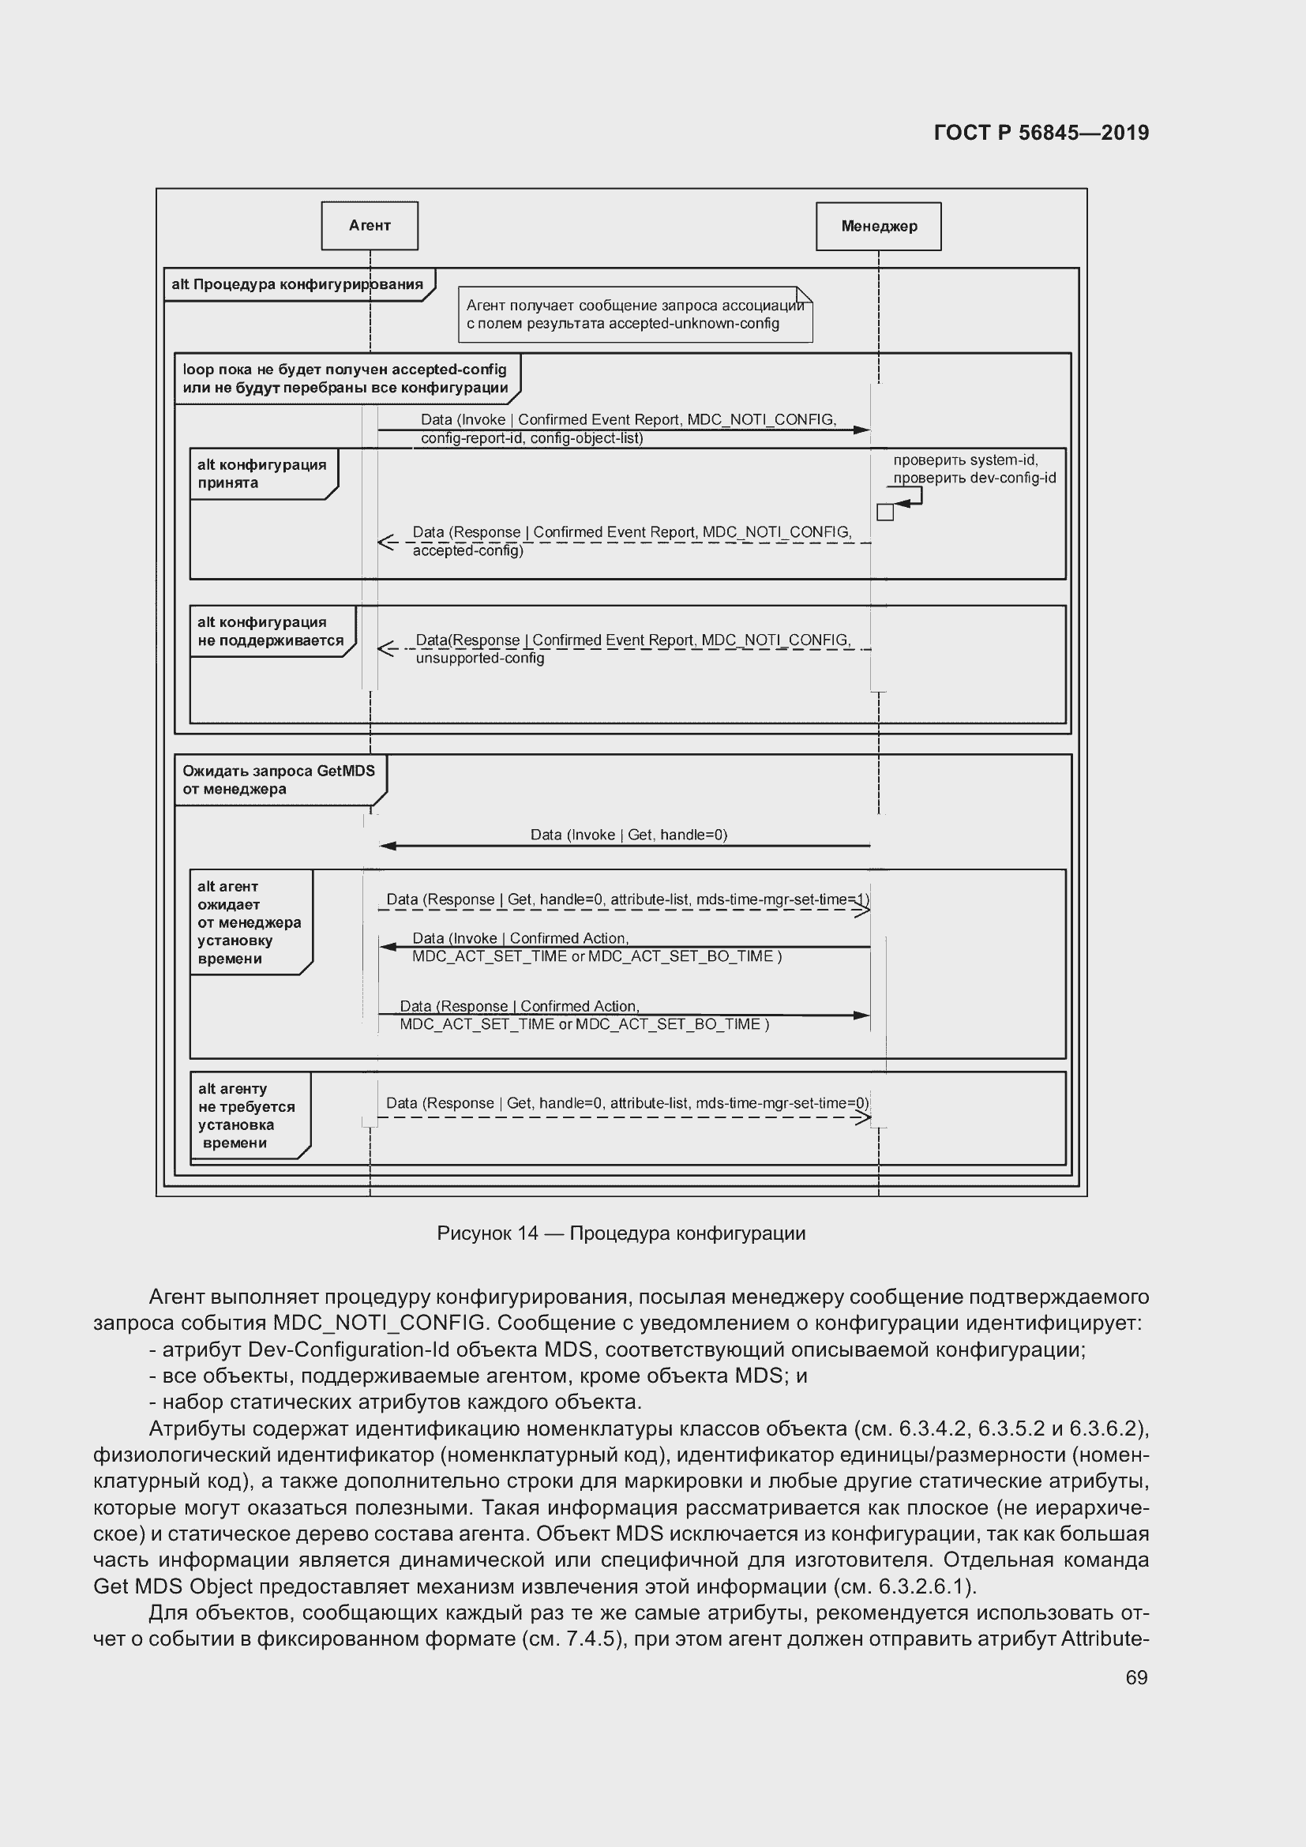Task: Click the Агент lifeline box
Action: [369, 226]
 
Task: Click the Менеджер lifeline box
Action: [878, 227]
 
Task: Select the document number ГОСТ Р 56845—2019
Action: [1041, 133]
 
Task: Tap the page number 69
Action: [1135, 1677]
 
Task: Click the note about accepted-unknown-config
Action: [635, 314]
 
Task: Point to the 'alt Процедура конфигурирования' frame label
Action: [298, 285]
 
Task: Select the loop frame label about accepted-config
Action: [346, 379]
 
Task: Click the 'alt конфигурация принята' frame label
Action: [262, 474]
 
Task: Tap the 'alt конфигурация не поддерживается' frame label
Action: [270, 632]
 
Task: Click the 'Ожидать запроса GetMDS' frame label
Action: [278, 779]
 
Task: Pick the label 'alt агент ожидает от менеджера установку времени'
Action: [250, 922]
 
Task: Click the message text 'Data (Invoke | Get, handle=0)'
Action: [628, 835]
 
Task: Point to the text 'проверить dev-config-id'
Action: [974, 478]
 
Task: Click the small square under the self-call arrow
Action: [884, 512]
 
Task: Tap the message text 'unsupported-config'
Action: [480, 658]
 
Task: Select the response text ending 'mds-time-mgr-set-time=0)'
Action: [626, 1103]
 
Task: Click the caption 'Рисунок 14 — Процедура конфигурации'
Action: [621, 1233]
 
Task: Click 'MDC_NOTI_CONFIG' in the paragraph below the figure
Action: [379, 1323]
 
